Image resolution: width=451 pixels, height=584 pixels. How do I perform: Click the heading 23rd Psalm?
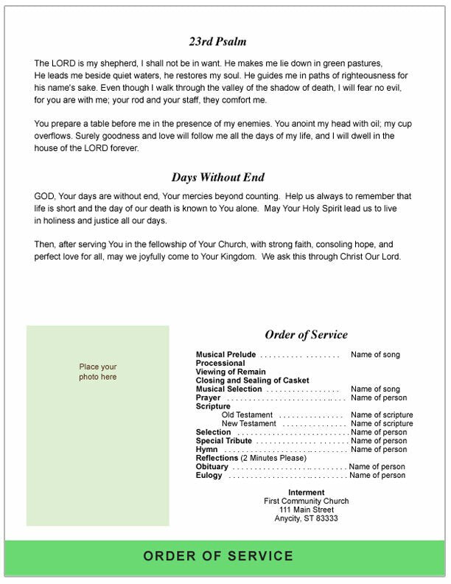tap(217, 42)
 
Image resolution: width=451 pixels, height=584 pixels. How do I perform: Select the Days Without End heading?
tap(217, 178)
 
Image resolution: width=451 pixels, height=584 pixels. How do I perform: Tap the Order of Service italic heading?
tap(306, 335)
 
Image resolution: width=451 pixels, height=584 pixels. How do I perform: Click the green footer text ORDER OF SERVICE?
tap(218, 556)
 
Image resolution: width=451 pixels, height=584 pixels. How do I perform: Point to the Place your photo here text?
tap(98, 372)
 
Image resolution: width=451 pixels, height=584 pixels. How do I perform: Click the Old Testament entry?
tap(247, 415)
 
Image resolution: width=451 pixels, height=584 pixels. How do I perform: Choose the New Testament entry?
tap(249, 424)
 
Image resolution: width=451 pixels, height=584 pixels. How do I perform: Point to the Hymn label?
tap(206, 450)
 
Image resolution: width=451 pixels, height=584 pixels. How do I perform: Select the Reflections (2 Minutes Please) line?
tap(251, 458)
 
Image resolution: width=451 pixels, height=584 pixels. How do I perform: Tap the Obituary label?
tap(212, 467)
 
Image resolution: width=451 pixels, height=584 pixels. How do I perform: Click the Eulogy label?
tap(209, 476)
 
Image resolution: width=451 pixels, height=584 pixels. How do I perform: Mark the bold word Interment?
tap(306, 493)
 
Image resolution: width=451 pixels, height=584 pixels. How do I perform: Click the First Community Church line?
tap(306, 501)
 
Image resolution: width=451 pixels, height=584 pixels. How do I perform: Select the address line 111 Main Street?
tap(306, 510)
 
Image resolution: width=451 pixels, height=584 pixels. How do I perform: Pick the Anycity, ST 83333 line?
tap(306, 518)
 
